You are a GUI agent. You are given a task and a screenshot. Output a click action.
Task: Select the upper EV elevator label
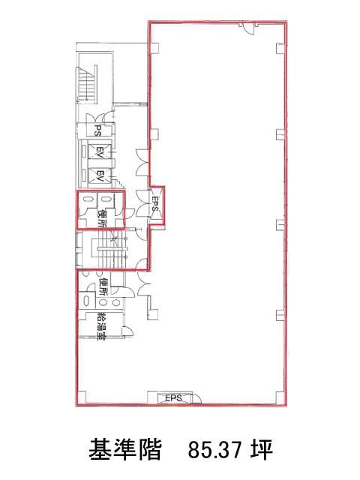pyautogui.click(x=99, y=151)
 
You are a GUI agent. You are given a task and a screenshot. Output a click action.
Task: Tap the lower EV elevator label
pyautogui.click(x=99, y=176)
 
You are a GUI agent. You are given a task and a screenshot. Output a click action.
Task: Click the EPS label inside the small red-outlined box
pyautogui.click(x=155, y=203)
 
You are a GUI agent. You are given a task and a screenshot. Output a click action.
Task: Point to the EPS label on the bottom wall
pyautogui.click(x=173, y=398)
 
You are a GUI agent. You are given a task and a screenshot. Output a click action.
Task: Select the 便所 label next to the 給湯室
pyautogui.click(x=103, y=286)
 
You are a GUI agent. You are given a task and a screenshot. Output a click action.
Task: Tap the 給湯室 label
pyautogui.click(x=101, y=325)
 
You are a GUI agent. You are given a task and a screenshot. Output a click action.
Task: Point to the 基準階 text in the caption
pyautogui.click(x=125, y=450)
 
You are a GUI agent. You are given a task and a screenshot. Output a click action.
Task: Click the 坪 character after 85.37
pyautogui.click(x=261, y=450)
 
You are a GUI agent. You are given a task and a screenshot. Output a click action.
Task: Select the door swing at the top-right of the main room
pyautogui.click(x=248, y=29)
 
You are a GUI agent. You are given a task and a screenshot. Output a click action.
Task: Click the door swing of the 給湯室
pyautogui.click(x=127, y=331)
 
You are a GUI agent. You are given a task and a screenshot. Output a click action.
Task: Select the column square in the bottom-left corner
pyautogui.click(x=82, y=397)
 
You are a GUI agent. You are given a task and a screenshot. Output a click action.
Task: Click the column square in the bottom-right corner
pyautogui.click(x=280, y=397)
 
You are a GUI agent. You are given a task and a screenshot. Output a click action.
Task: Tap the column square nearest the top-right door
pyautogui.click(x=280, y=48)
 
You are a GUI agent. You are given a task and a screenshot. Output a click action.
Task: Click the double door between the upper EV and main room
pyautogui.click(x=142, y=162)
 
